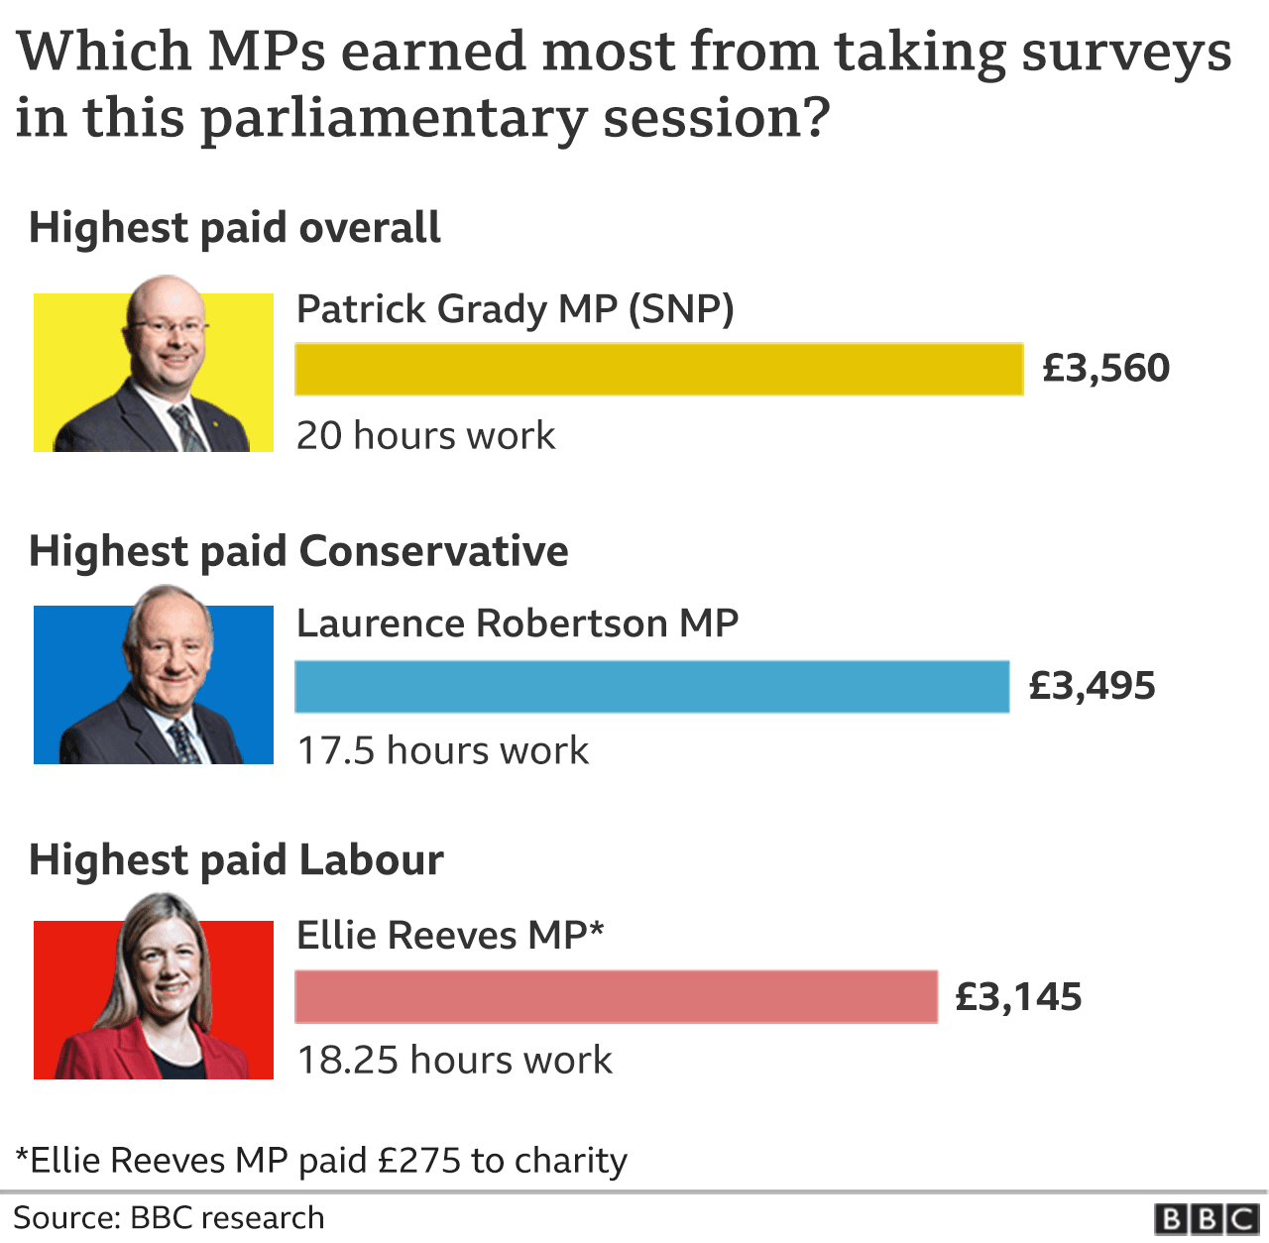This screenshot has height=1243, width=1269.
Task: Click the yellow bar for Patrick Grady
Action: (658, 370)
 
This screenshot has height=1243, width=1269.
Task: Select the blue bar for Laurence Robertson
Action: (651, 686)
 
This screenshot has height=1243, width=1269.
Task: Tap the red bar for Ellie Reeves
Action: (616, 996)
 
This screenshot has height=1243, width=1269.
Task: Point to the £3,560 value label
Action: (1105, 369)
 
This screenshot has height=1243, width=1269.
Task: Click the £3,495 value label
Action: (1092, 686)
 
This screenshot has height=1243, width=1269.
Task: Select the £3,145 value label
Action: (1018, 996)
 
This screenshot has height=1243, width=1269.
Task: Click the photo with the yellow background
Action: (154, 371)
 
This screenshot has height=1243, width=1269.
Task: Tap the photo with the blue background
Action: (154, 683)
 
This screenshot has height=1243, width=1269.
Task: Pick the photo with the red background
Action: (154, 997)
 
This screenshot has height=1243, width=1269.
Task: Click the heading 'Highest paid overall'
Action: (235, 228)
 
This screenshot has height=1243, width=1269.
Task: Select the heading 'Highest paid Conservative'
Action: (298, 551)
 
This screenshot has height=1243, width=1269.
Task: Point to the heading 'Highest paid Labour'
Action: (236, 860)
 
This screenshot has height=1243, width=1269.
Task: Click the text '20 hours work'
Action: (425, 436)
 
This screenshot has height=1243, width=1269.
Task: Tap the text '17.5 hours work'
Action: (442, 750)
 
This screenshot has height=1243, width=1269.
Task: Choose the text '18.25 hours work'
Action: (454, 1060)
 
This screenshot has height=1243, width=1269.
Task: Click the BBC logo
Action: (1206, 1218)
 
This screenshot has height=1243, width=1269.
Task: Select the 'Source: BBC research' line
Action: (169, 1217)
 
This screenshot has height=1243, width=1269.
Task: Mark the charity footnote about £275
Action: (321, 1160)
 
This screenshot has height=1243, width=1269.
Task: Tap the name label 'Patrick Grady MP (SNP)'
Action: (515, 309)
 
